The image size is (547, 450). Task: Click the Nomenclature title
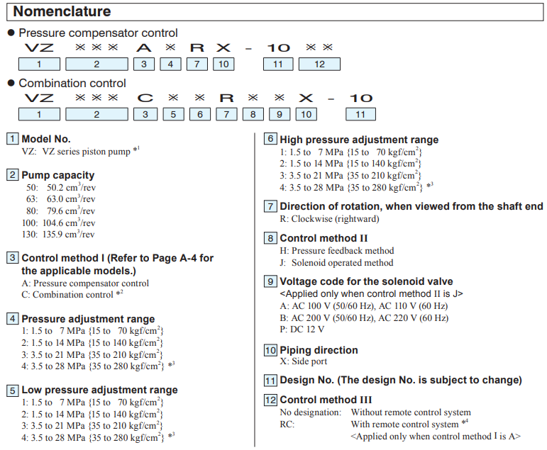coord(62,11)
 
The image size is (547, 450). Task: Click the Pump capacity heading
coord(57,175)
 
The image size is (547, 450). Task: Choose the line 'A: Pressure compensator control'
coord(85,283)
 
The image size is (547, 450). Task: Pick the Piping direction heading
coord(319,350)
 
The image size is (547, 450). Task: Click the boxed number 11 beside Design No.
coord(270,381)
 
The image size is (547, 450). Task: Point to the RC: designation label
coord(287,424)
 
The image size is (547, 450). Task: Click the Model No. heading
coord(46,139)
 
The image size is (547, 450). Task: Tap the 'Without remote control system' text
coord(411,412)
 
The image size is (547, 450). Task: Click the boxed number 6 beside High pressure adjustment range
coord(270,140)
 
